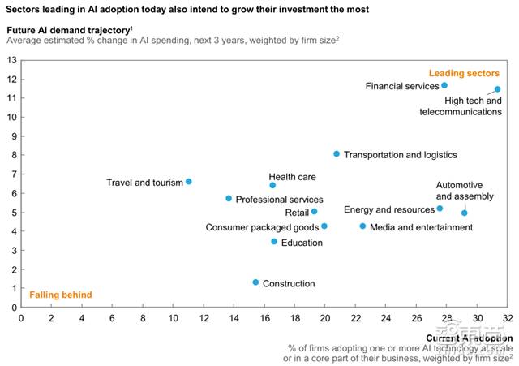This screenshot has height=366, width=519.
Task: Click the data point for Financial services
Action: click(x=444, y=85)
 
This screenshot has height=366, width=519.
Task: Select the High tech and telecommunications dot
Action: click(x=497, y=89)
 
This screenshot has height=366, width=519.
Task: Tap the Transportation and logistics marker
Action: click(x=337, y=154)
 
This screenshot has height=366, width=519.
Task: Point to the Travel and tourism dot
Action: click(x=189, y=182)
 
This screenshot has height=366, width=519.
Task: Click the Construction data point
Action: click(x=255, y=282)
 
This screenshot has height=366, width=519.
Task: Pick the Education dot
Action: click(x=274, y=242)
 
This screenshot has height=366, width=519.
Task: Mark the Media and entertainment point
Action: click(x=362, y=226)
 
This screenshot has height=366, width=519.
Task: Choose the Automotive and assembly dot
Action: click(x=465, y=213)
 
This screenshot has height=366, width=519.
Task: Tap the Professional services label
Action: click(x=280, y=200)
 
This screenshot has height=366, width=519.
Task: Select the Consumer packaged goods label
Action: click(x=262, y=227)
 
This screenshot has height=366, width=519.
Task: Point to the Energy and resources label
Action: click(x=388, y=209)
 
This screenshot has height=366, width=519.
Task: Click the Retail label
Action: click(x=297, y=213)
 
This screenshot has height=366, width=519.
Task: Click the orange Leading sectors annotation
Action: click(x=474, y=73)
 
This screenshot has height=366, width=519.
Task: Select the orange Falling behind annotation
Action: click(x=61, y=295)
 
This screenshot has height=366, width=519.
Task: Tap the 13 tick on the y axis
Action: click(x=11, y=60)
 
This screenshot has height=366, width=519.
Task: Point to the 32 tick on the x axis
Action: click(x=508, y=318)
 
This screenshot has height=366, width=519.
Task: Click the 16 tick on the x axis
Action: click(x=264, y=318)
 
